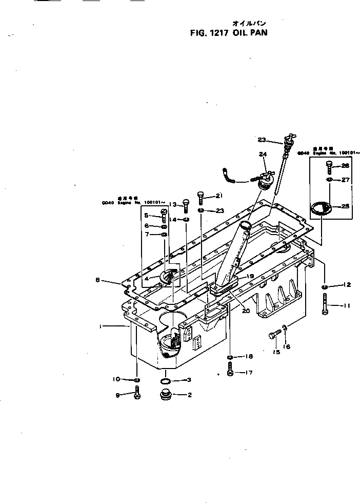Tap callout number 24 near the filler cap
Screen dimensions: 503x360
point(263,153)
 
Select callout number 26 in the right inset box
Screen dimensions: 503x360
point(345,166)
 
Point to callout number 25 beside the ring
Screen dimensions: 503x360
point(345,206)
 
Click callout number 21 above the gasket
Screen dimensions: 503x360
point(219,196)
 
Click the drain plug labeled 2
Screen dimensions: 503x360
point(166,396)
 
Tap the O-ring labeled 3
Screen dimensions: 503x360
point(166,381)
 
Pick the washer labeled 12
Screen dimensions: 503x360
point(325,285)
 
